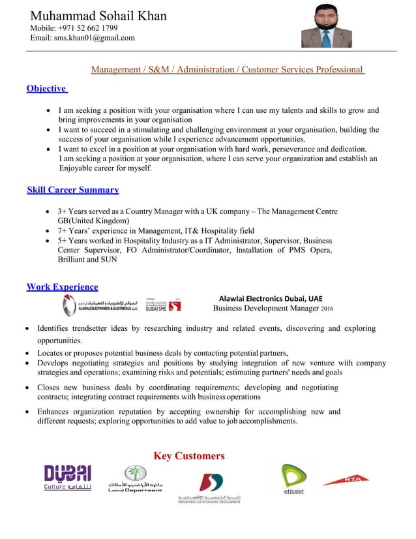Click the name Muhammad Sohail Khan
[x=98, y=16]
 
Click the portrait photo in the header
[x=326, y=27]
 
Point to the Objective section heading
[x=46, y=89]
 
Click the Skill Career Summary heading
[x=73, y=191]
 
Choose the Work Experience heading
[x=63, y=287]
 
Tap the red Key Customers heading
[x=189, y=456]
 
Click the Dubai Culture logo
[x=67, y=478]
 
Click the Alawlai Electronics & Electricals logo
[x=100, y=303]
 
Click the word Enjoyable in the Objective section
[x=77, y=168]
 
